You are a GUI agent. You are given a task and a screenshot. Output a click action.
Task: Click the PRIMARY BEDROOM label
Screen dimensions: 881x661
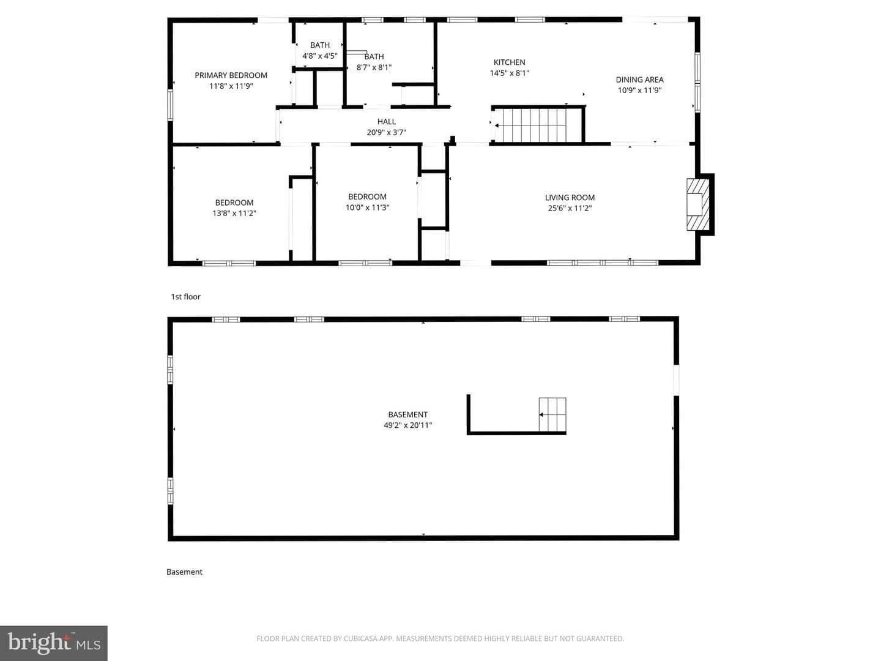point(231,75)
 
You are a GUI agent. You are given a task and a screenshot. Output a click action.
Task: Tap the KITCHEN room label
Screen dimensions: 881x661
point(510,62)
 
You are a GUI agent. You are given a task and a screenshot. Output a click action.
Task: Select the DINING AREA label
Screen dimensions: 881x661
point(639,80)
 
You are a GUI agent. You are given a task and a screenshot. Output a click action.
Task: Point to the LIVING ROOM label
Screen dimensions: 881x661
point(570,198)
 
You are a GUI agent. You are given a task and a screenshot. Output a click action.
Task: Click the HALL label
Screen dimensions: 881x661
point(387,121)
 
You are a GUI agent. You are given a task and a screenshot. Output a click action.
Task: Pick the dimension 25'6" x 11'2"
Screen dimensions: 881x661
point(570,208)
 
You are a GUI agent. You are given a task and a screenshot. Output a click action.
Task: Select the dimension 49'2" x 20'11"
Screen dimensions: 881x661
point(408,425)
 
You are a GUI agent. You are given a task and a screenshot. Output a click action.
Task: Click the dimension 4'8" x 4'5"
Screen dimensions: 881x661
point(320,56)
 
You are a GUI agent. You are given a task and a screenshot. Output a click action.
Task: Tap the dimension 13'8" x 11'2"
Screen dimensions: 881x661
point(234,213)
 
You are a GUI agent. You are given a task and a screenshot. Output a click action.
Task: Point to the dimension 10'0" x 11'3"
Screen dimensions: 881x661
point(367,207)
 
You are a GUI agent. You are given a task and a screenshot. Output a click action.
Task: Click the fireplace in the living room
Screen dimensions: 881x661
point(699,204)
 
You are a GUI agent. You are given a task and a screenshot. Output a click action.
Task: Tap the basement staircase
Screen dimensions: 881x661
point(552,414)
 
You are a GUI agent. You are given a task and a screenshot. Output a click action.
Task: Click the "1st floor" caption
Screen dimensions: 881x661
point(185,297)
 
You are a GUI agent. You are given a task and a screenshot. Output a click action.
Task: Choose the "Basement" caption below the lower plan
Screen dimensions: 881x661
point(184,572)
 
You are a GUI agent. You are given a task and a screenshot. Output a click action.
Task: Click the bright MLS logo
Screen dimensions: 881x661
point(54,643)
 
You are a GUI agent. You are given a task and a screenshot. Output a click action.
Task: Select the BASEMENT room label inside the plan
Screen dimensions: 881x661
point(408,414)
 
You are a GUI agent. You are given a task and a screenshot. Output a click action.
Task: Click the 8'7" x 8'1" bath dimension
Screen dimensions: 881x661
point(374,67)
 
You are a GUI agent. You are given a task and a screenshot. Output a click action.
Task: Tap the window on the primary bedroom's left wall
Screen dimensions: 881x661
point(170,105)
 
